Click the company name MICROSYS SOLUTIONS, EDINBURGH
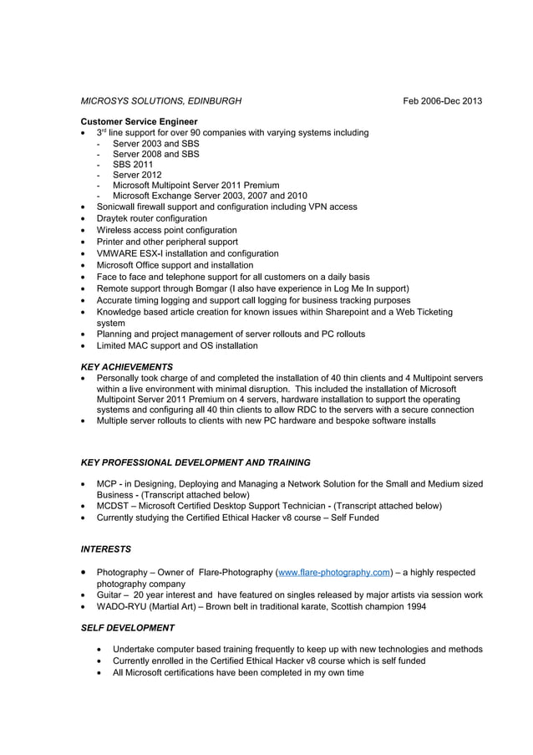coord(160,101)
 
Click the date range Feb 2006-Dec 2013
coord(442,101)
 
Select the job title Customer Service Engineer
coord(139,122)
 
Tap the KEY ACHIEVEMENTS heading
coord(126,366)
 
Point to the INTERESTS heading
coord(105,550)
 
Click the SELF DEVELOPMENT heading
coord(127,628)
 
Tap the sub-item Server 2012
coord(137,175)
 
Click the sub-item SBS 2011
coord(133,165)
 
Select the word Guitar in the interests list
coord(109,595)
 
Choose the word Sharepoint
coord(358,312)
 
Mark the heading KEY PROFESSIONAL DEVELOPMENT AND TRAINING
coord(195,462)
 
